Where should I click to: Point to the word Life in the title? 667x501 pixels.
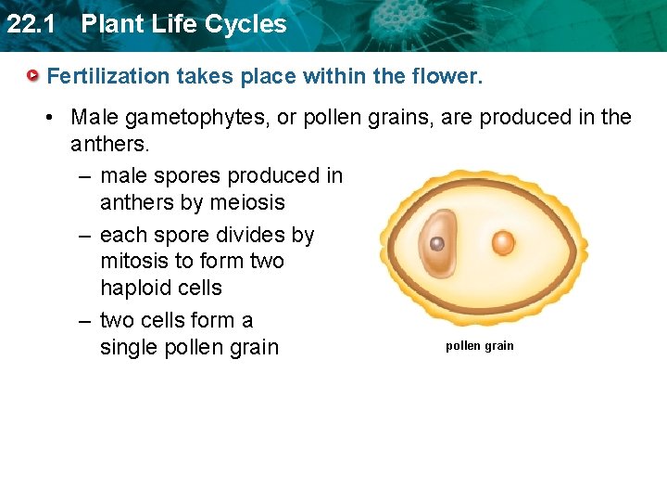175,24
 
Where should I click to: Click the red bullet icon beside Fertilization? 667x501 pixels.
32,75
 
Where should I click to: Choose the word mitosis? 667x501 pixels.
139,262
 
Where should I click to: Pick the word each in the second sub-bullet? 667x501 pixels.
122,236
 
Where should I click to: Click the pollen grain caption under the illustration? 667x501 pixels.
479,346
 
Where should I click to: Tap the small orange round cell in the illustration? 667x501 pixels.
502,243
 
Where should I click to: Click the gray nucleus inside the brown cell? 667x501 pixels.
437,245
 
